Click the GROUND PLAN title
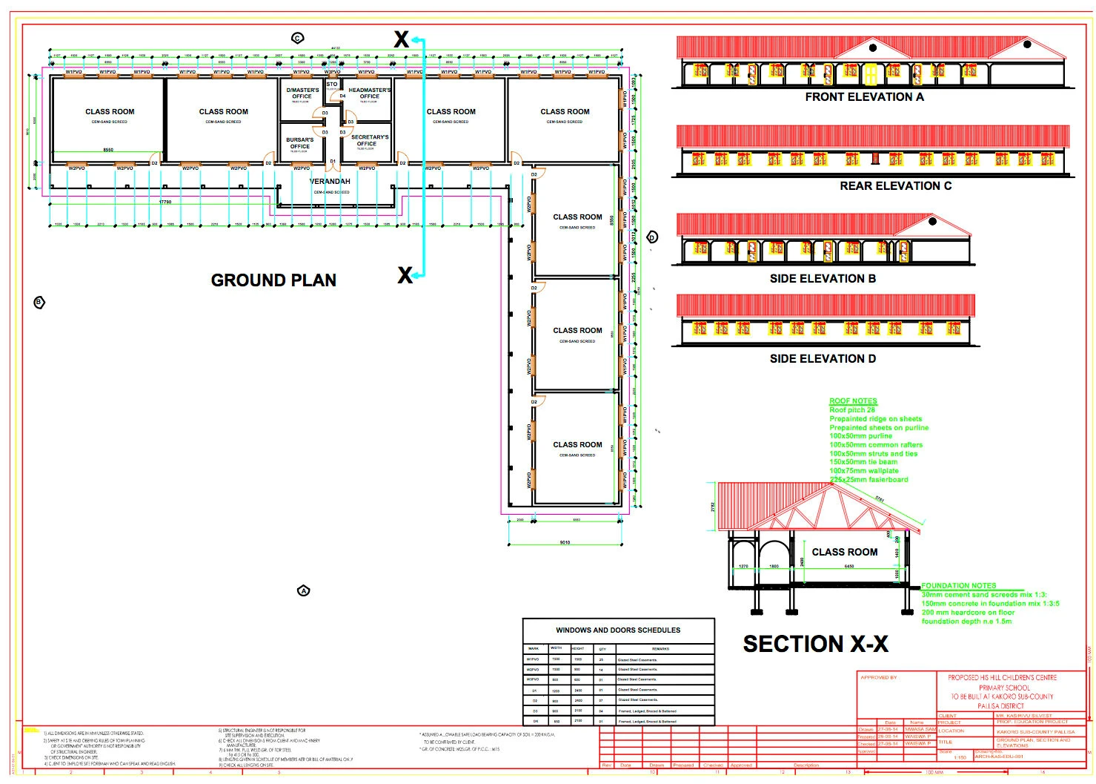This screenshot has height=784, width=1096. coord(273,280)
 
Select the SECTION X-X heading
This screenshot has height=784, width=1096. coord(815,644)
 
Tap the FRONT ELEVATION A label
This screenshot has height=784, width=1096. coord(864,97)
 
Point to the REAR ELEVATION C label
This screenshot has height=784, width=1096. coord(895,186)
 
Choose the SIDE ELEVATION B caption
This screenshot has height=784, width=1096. coord(823,279)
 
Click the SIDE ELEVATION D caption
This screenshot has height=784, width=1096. coord(823,359)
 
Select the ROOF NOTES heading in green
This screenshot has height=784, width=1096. coord(853,401)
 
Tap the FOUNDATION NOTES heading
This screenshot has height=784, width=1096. coord(958,586)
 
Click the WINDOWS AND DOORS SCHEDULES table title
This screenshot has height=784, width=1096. coord(618,630)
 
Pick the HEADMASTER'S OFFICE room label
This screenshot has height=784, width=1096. coord(370,93)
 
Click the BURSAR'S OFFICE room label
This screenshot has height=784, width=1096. coord(300,143)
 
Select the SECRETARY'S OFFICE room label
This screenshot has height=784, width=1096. coord(370,141)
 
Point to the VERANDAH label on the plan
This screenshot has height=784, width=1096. coord(330,182)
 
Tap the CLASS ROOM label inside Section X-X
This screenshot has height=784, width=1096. coord(844,553)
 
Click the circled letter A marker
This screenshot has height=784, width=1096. coord(303,591)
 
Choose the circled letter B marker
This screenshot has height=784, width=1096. coord(39,302)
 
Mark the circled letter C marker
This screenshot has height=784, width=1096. coord(298,38)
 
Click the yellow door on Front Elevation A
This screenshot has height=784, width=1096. coord(871,74)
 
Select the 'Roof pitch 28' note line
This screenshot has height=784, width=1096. coord(852,410)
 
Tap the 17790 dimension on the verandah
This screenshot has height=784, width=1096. coord(165,202)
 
